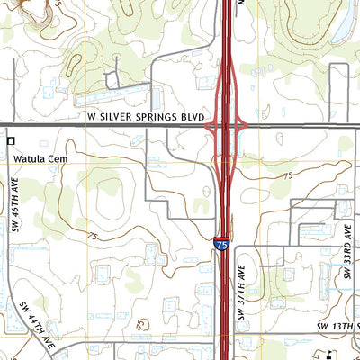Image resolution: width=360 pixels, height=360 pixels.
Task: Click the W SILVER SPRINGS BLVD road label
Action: coord(147,118)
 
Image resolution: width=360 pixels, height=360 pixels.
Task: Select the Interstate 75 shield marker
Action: coord(220,244)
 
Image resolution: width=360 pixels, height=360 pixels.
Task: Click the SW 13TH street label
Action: coord(337,324)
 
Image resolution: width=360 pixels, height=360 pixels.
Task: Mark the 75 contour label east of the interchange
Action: coord(287,175)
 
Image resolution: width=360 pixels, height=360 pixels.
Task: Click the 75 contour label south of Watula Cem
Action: coord(93,236)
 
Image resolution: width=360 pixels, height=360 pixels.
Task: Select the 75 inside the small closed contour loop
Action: coord(140,324)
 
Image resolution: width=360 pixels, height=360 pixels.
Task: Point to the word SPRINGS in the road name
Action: coord(157,118)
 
